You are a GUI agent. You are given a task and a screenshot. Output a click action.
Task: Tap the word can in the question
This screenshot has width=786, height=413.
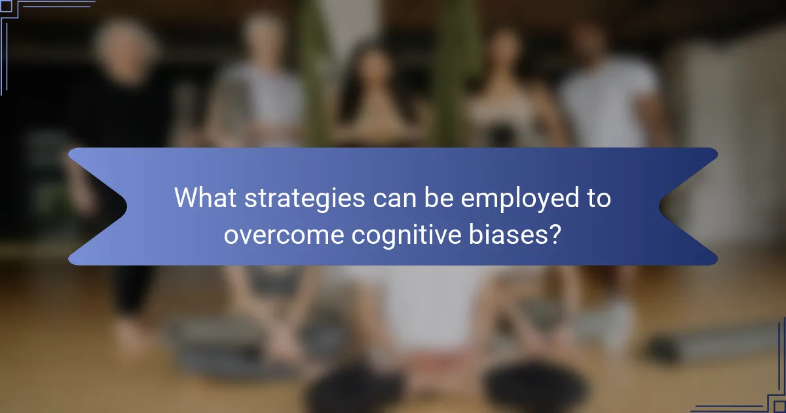coord(390,199)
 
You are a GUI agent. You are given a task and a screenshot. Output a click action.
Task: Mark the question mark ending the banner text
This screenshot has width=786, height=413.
coord(555,233)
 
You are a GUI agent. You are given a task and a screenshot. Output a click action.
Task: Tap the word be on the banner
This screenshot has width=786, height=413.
coord(435,198)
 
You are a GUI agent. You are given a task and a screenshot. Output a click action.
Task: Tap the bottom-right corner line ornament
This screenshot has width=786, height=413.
coord(766,393)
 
